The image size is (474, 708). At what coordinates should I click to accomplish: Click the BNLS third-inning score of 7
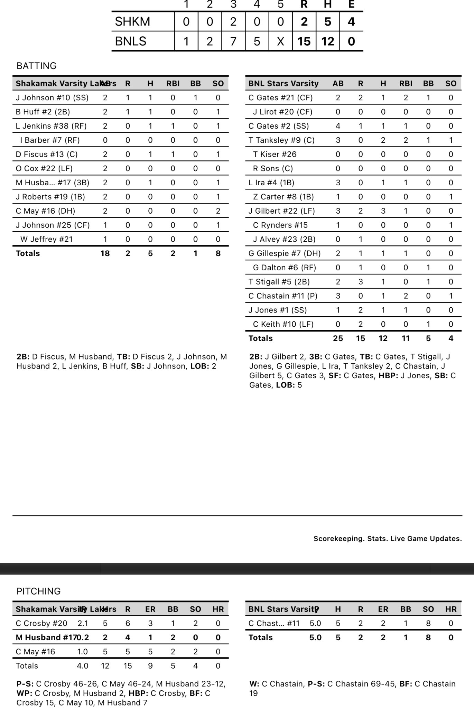pos(233,41)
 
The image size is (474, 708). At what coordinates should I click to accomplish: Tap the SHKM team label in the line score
pos(132,21)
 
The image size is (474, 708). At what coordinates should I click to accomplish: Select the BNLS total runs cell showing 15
pos(304,41)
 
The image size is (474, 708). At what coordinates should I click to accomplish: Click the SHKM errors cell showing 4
pos(351,21)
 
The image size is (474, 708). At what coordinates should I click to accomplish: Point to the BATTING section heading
pos(36,66)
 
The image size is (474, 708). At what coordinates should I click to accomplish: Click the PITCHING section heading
pos(38,591)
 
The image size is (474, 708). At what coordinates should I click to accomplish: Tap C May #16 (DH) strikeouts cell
pos(218,211)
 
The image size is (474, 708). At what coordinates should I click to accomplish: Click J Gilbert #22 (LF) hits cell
pos(383,211)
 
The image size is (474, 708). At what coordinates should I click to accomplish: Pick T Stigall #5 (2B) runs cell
pos(361,282)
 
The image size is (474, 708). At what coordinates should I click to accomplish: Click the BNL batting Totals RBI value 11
pos(406,338)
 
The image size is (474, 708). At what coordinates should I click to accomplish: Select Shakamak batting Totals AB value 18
pos(105,253)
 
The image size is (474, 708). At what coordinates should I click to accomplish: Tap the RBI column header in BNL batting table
pos(406,83)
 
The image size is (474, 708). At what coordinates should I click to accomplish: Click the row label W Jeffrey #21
pos(47,239)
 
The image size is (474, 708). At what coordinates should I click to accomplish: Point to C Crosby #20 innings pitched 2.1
pos(82,623)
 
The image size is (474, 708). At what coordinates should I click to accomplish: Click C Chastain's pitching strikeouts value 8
pos(428,623)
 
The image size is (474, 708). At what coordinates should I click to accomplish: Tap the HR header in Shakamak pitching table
pos(218,609)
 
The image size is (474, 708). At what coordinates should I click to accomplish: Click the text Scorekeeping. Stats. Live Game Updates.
pos(387,539)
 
